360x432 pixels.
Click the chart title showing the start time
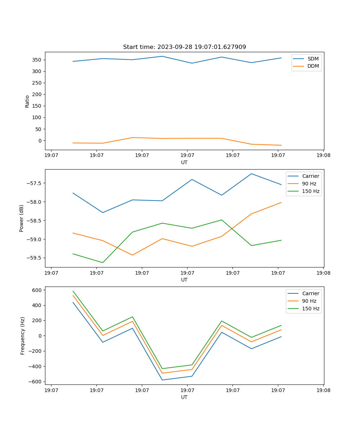coord(184,47)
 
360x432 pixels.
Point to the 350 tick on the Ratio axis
coord(38,60)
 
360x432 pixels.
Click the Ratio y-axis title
coord(27,101)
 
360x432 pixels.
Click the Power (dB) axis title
coord(22,218)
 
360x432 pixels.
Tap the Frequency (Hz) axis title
coord(23,336)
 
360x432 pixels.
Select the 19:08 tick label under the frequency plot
coord(323,390)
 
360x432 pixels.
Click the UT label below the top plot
coord(184,162)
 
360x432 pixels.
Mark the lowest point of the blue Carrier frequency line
coord(162,380)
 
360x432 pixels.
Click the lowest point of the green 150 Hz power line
coord(103,262)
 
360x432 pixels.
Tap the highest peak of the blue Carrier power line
coord(251,174)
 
